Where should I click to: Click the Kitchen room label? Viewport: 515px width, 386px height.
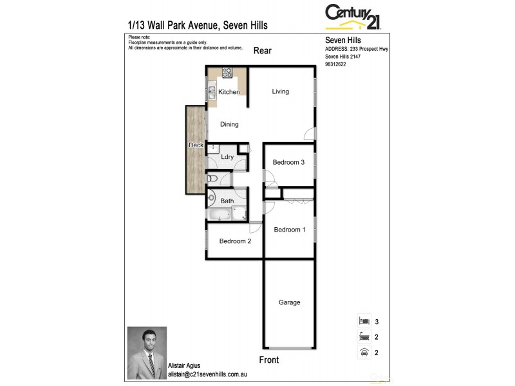[229, 92]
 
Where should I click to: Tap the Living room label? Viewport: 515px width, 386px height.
[280, 91]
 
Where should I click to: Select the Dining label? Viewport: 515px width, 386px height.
[229, 124]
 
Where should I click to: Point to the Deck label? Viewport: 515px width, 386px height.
[196, 145]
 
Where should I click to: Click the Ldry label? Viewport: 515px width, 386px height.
[227, 157]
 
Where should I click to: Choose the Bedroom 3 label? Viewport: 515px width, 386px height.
[288, 162]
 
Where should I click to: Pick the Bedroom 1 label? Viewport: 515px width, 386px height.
[290, 230]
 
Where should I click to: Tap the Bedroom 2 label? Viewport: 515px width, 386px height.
[235, 241]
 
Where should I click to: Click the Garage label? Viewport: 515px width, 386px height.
[289, 302]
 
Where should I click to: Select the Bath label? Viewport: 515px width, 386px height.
[227, 201]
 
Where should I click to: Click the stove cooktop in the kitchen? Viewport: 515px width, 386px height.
[227, 73]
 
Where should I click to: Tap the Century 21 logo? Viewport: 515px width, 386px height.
[353, 17]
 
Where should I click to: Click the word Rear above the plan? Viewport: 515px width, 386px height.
[262, 51]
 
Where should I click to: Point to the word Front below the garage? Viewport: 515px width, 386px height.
[268, 360]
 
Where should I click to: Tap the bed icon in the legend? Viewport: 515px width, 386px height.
[364, 320]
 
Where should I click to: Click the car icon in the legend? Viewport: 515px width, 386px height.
[364, 352]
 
